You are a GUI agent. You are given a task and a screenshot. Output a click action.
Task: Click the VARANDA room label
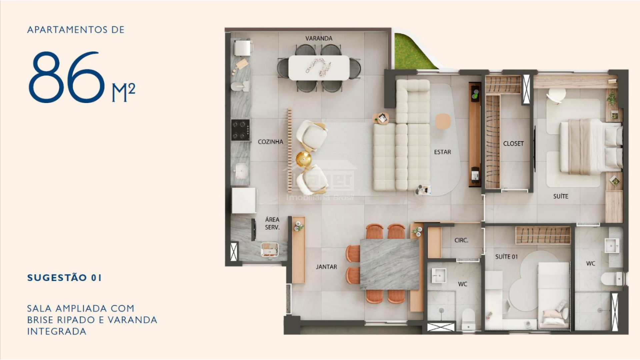(319, 38)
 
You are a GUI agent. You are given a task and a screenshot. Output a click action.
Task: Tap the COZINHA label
(270, 142)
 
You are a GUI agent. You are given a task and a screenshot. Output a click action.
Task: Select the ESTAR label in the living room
(442, 152)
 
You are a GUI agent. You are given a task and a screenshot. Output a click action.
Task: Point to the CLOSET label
(513, 144)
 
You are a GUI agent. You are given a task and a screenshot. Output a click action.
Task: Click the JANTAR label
(326, 267)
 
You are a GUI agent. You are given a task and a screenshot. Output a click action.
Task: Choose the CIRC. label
(461, 240)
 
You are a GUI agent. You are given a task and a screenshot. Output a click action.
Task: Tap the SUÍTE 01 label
(506, 256)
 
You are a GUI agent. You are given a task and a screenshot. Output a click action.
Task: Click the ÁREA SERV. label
(272, 223)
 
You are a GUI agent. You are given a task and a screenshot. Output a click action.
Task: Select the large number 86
(67, 77)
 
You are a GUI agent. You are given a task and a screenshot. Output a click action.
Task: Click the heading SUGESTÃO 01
(64, 278)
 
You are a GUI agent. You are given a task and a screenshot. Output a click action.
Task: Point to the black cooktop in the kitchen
(240, 130)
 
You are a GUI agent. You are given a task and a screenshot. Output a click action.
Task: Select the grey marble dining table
(389, 264)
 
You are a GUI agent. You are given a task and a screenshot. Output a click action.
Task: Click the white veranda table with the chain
(319, 68)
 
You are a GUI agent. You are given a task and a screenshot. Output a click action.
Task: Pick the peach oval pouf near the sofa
(443, 121)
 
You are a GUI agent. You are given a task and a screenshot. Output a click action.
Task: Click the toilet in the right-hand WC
(612, 279)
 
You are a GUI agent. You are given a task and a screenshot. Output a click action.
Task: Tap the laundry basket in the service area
(270, 250)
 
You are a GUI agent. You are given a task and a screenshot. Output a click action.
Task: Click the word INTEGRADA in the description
(57, 331)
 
